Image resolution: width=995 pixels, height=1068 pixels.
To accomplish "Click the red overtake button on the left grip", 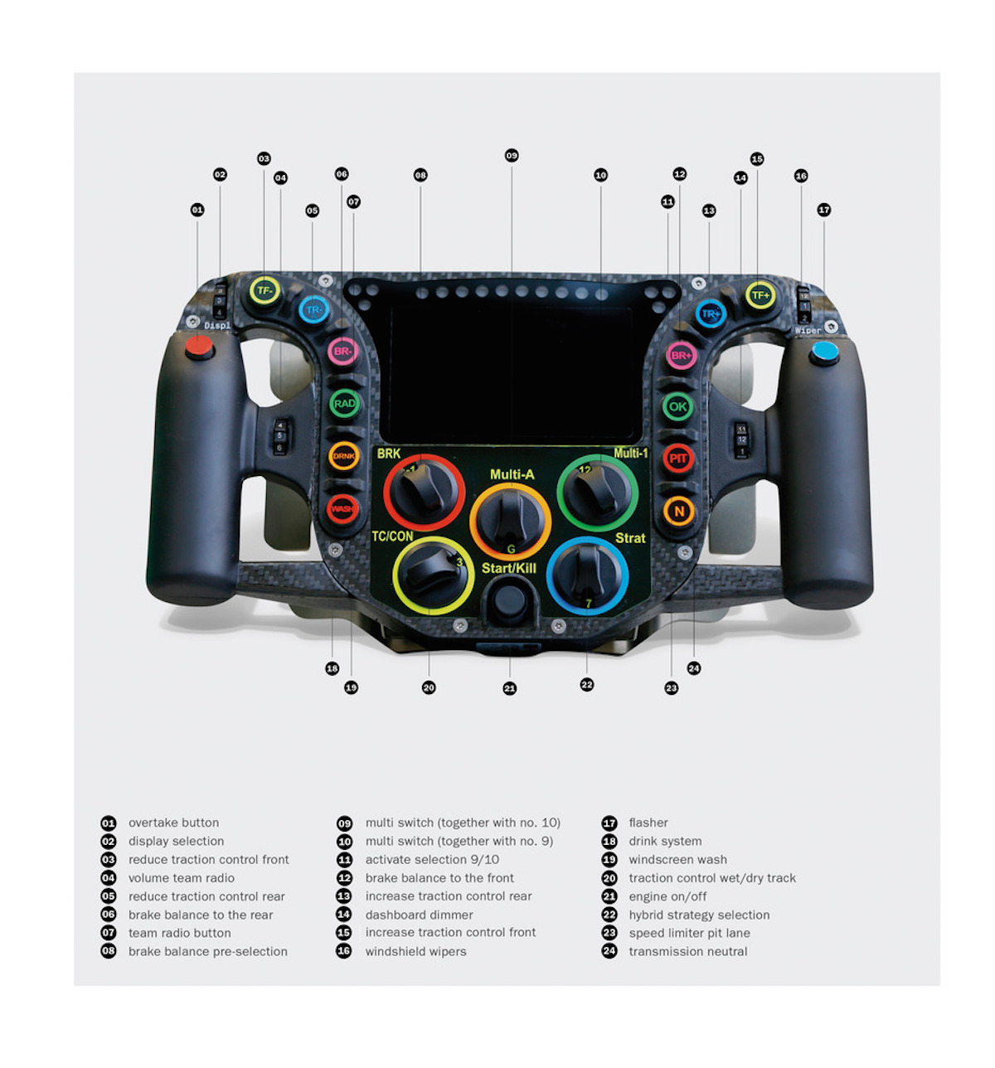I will (x=199, y=347).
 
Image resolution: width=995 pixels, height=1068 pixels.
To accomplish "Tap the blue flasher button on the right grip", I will (x=825, y=352).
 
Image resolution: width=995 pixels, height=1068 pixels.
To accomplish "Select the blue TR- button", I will (x=313, y=310).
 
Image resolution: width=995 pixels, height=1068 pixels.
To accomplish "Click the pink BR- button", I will (x=342, y=352).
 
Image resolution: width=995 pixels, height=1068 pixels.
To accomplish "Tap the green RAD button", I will (x=344, y=404).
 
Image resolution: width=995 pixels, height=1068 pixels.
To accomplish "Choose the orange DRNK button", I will (x=343, y=456).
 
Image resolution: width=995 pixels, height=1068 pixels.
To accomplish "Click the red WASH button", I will (x=342, y=507).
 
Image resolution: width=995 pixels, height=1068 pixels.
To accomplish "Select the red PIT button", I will (x=678, y=459).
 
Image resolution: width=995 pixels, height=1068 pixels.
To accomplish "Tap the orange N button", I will (x=679, y=512).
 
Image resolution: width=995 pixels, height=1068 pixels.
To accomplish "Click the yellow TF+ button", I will (x=760, y=294).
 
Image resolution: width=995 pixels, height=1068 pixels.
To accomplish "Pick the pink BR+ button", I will (x=681, y=356).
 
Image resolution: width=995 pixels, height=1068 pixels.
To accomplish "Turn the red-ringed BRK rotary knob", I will (x=424, y=492).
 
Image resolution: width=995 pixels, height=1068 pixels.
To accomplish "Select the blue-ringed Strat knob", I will (x=587, y=575).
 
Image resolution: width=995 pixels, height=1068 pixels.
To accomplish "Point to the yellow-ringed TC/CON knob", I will (x=432, y=575).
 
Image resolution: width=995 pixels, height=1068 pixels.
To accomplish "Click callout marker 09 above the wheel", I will (x=512, y=156).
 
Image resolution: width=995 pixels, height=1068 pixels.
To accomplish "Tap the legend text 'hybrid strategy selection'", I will (x=699, y=915).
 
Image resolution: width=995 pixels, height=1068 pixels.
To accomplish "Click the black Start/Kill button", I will (x=509, y=600).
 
